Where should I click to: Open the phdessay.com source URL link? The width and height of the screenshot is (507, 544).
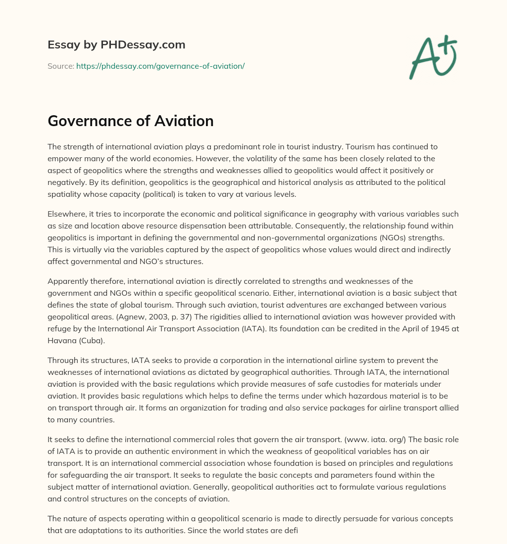160,66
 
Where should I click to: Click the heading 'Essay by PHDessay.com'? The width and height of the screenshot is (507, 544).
116,45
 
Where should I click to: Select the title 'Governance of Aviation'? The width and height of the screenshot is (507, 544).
131,121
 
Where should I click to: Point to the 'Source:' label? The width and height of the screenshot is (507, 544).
61,66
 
